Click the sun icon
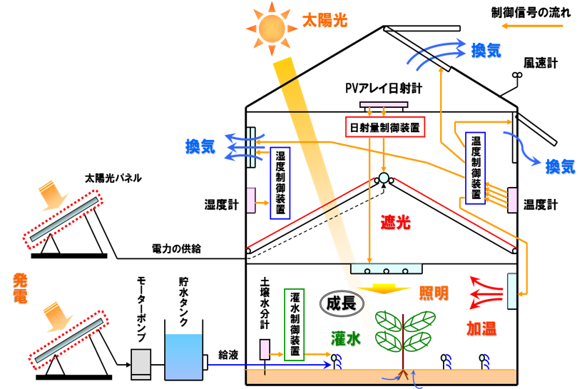[x=272, y=28]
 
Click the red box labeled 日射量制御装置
[x=385, y=127]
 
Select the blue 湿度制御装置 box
[x=280, y=183]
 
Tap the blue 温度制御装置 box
[x=476, y=168]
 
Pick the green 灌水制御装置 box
[x=295, y=325]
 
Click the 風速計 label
[x=541, y=63]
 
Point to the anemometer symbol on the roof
[x=517, y=76]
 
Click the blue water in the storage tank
[x=184, y=357]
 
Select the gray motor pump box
[x=141, y=364]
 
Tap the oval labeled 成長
[x=342, y=303]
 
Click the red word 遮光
[x=396, y=223]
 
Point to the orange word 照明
[x=434, y=293]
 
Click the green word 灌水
[x=345, y=339]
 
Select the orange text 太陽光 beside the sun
[x=325, y=20]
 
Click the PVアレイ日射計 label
[x=384, y=89]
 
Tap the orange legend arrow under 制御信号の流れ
[x=532, y=26]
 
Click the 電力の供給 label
[x=176, y=248]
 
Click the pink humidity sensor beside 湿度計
[x=251, y=201]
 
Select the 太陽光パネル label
[x=113, y=178]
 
